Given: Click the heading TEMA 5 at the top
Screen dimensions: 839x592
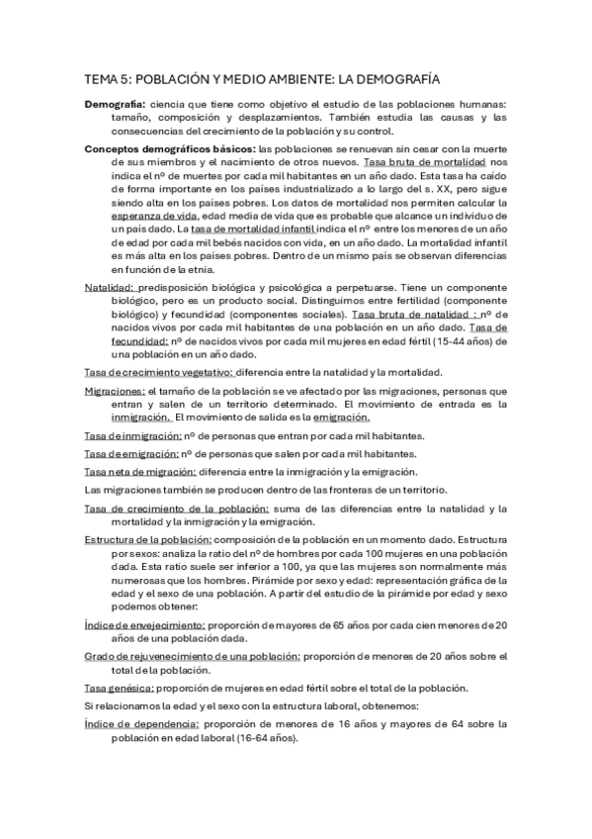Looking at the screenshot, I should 262,78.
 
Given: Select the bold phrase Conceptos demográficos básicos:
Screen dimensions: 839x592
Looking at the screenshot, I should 170,148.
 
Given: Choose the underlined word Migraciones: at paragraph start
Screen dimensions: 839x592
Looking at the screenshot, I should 117,391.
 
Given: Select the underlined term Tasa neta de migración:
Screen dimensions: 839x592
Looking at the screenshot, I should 140,471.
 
